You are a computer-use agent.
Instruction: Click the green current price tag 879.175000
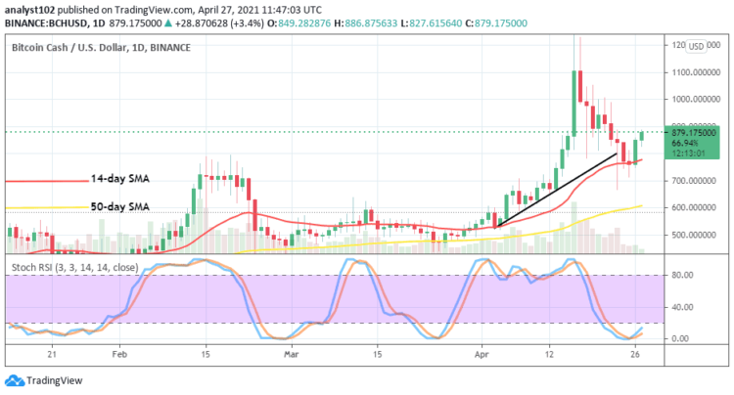click(691, 132)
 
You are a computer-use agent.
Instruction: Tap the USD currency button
click(697, 46)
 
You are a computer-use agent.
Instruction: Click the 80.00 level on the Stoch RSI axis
click(682, 276)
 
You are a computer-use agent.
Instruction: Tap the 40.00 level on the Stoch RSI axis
click(682, 307)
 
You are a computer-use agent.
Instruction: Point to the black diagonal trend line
click(558, 187)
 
